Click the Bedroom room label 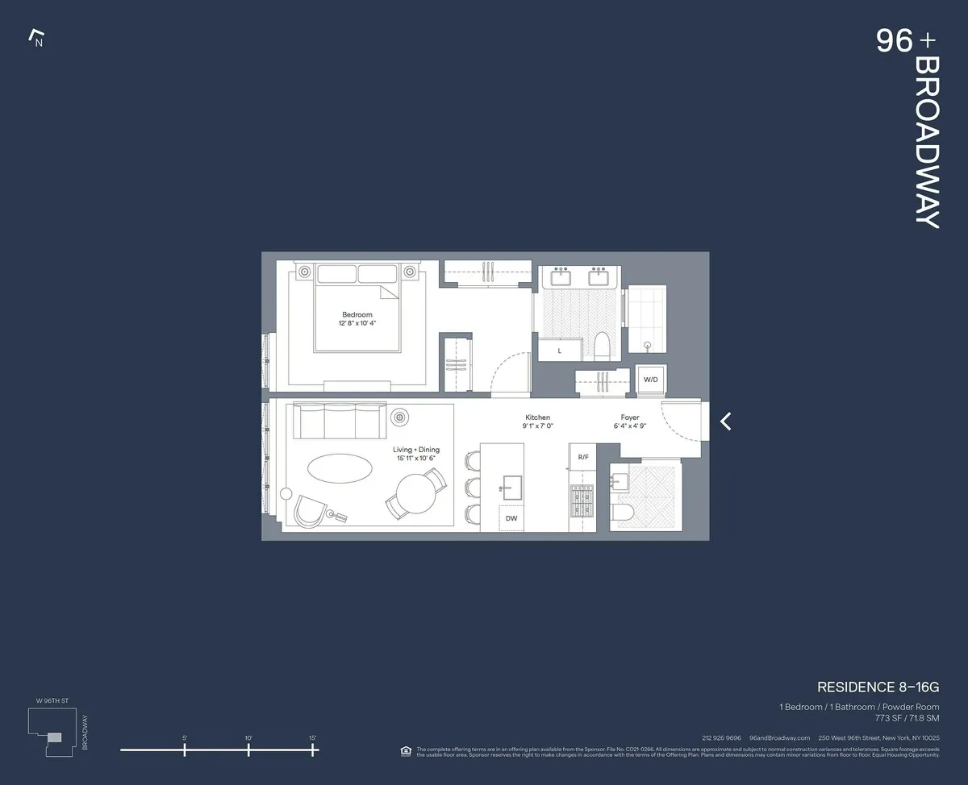[357, 315]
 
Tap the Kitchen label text [537, 417]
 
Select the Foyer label [630, 417]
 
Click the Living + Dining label [416, 450]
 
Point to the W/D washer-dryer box [650, 380]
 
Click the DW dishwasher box [511, 518]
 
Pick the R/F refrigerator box [582, 457]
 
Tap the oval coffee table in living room [340, 470]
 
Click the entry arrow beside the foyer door [726, 421]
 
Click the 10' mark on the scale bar [248, 750]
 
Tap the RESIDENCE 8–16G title [878, 687]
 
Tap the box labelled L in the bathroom [560, 351]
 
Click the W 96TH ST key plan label [54, 700]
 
